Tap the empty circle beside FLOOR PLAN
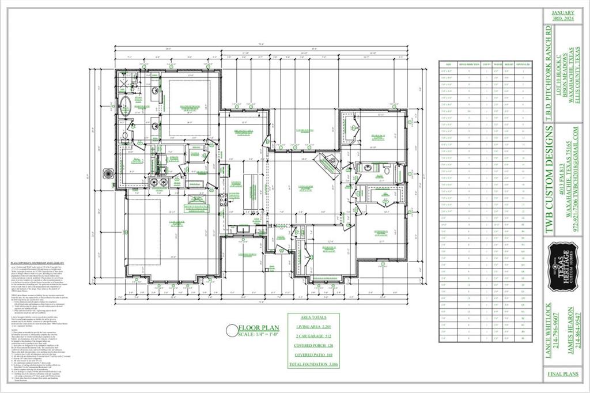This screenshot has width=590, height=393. click(x=232, y=330)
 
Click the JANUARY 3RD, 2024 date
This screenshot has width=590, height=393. click(x=563, y=16)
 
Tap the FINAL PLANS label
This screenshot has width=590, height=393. click(x=563, y=373)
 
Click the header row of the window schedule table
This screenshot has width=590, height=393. click(x=488, y=65)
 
